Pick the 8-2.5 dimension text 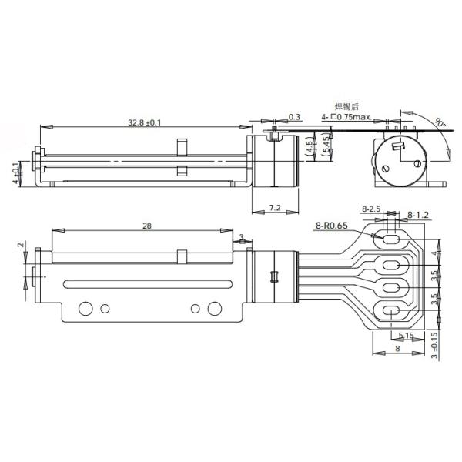[372, 209]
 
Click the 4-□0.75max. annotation [346, 117]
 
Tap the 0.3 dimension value [294, 117]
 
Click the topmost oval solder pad [390, 239]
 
